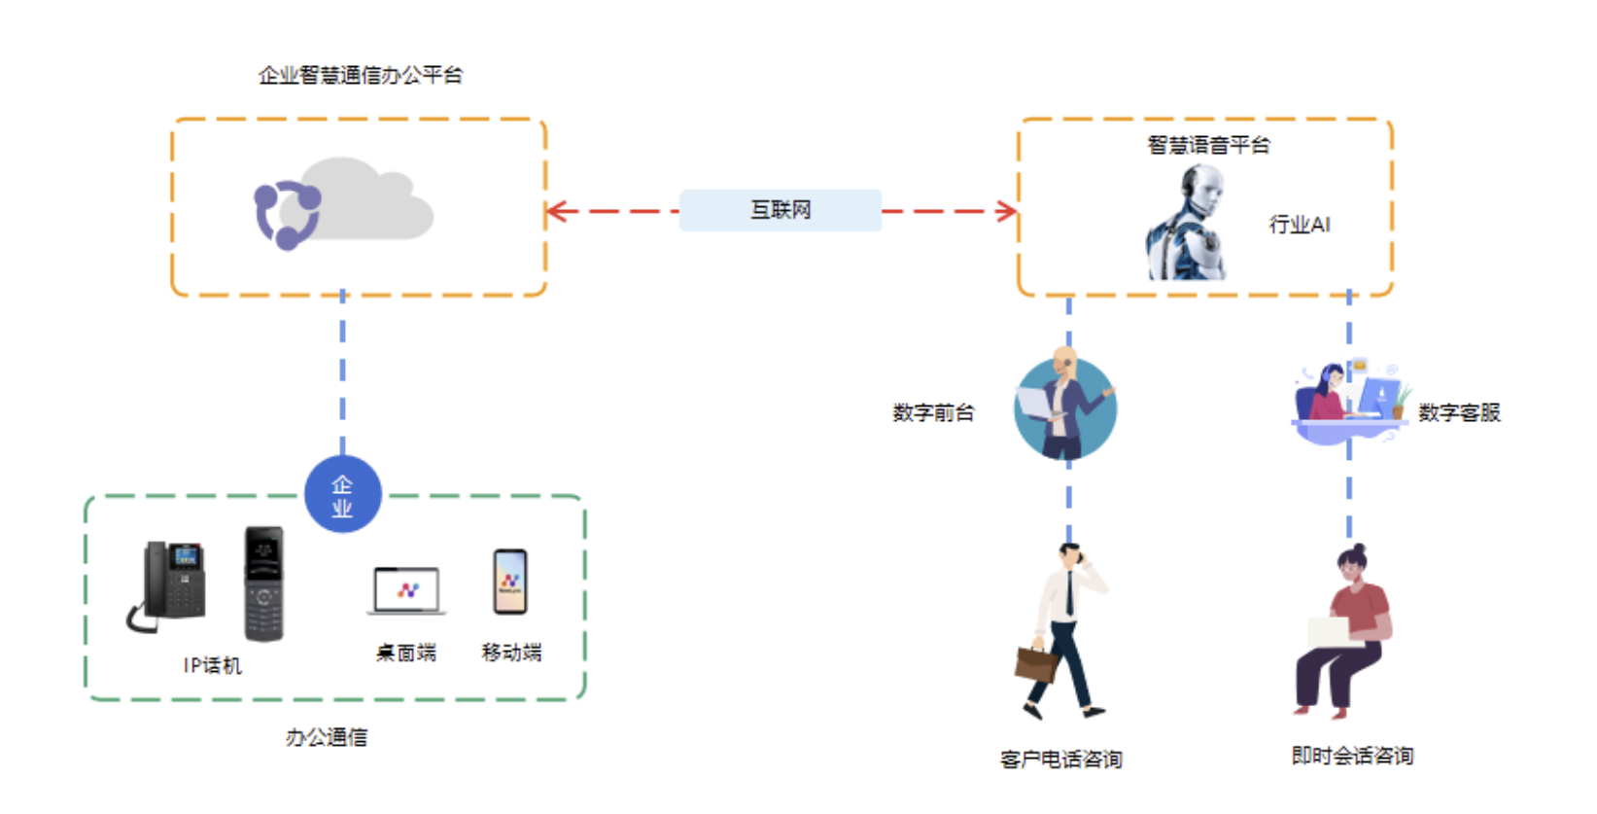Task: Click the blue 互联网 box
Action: point(780,210)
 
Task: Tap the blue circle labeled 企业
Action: point(342,495)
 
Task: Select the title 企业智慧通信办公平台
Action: point(361,75)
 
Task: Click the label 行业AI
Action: point(1300,225)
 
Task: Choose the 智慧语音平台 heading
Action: point(1208,145)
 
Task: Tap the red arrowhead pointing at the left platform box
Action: point(555,211)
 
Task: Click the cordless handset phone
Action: point(263,584)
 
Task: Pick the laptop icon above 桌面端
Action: point(407,590)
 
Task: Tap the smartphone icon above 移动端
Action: point(510,582)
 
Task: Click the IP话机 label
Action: point(212,665)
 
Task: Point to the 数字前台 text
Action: point(933,412)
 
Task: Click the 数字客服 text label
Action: point(1459,412)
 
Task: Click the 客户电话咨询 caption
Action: point(1061,759)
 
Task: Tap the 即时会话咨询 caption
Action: point(1352,756)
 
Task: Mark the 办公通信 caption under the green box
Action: point(327,737)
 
